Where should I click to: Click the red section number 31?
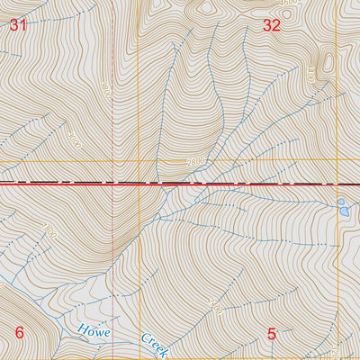pyautogui.click(x=18, y=26)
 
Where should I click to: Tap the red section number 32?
pyautogui.click(x=272, y=26)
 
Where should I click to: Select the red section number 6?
pyautogui.click(x=19, y=331)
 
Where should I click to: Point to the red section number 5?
pyautogui.click(x=272, y=333)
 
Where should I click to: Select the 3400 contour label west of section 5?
pyautogui.click(x=214, y=309)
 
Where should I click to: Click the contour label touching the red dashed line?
pyautogui.click(x=104, y=88)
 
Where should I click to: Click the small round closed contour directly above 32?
pyautogui.click(x=206, y=9)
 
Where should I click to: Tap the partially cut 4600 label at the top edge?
pyautogui.click(x=288, y=4)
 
